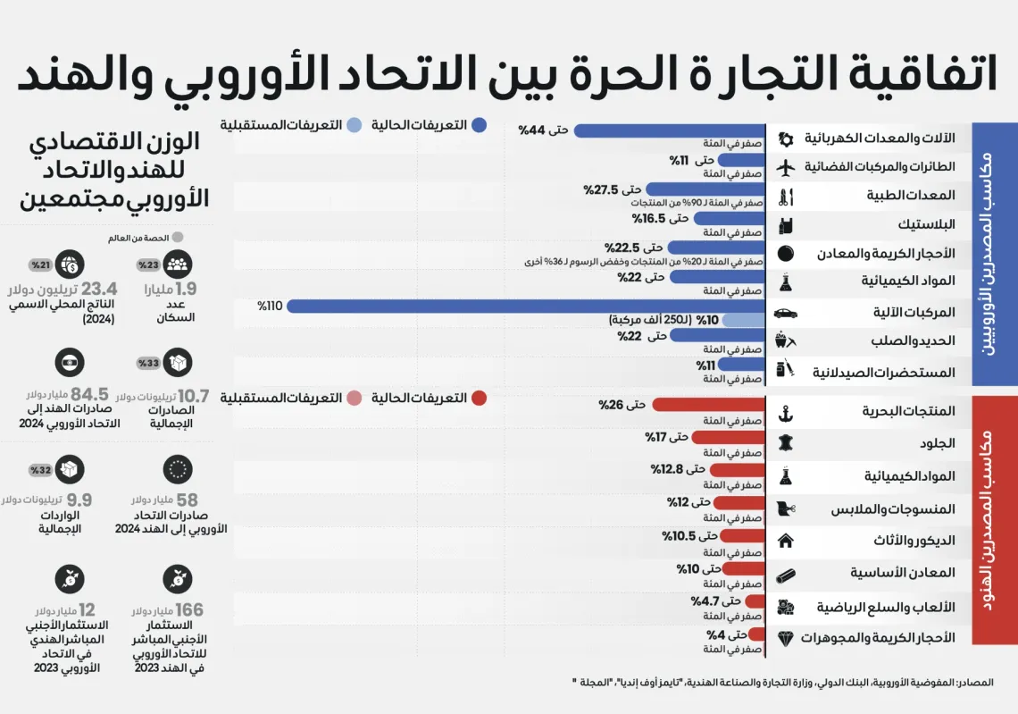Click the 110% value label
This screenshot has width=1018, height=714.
270,306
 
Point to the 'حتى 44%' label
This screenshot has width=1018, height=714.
544,130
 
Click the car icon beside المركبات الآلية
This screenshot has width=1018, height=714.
786,313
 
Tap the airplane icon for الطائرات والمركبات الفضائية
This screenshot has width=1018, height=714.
786,167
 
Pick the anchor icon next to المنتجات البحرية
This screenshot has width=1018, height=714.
786,413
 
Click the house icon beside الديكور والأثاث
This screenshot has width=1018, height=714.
786,541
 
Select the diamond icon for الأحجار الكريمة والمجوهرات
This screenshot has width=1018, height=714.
786,638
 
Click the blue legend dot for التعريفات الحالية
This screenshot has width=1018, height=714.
480,125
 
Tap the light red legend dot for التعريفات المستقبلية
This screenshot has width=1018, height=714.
354,399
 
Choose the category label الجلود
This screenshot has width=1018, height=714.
937,444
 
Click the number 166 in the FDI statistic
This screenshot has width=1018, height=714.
189,610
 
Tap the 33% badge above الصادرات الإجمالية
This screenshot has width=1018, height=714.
148,363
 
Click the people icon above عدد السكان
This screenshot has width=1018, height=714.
178,264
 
